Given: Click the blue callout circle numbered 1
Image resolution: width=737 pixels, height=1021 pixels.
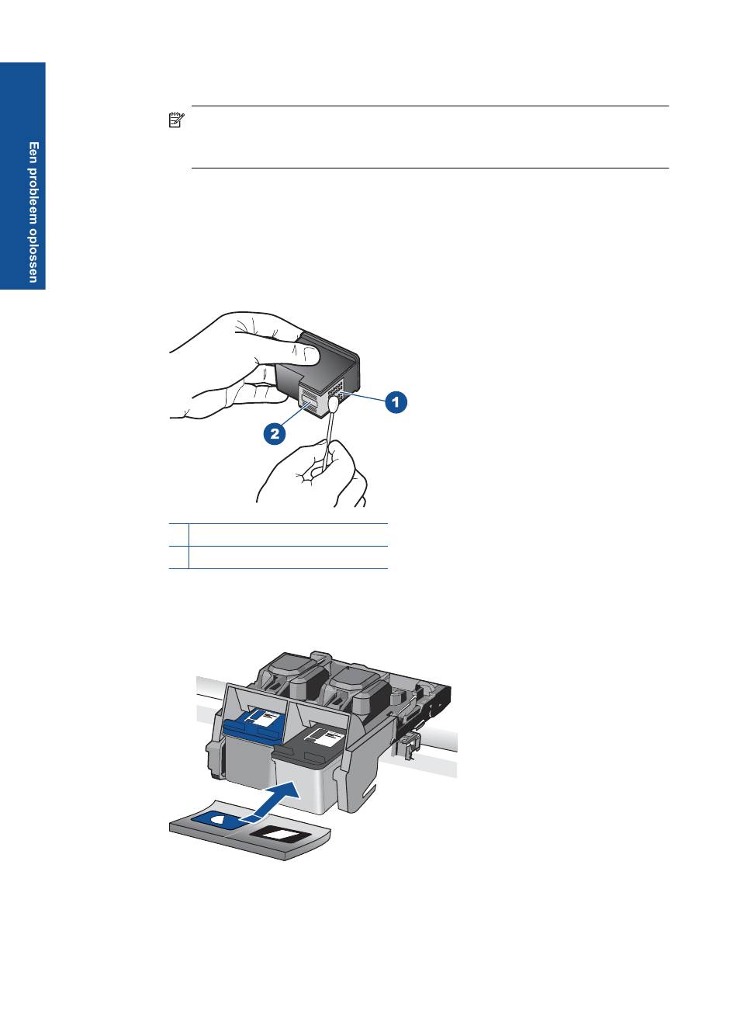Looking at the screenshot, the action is [396, 401].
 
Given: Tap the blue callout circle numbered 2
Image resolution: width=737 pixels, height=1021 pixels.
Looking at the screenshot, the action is [275, 433].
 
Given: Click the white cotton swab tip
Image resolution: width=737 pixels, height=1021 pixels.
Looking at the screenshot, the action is [333, 403].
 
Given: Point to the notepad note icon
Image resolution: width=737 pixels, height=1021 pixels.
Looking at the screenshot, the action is [176, 120].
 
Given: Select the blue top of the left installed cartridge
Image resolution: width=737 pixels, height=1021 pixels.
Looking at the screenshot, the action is [254, 729].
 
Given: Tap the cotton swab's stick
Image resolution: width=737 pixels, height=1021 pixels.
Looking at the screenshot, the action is [327, 440].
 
